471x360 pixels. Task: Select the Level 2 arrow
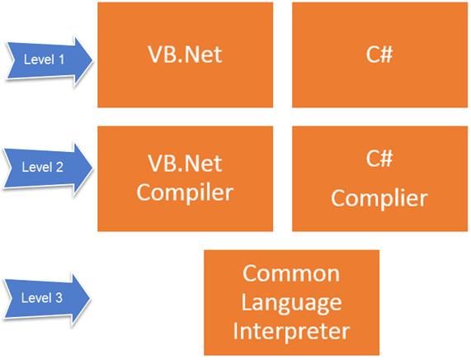click(x=45, y=166)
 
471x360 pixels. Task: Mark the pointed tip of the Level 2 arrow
click(x=94, y=166)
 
